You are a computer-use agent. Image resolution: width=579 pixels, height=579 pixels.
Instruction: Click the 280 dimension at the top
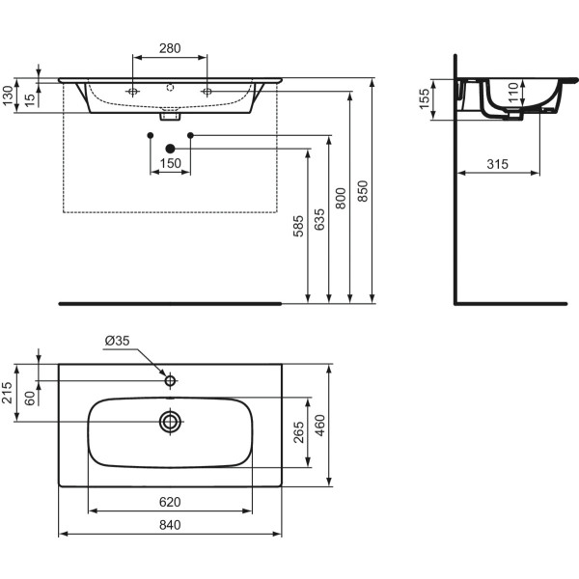click(x=170, y=48)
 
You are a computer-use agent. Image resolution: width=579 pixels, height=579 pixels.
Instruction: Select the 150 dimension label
click(x=171, y=163)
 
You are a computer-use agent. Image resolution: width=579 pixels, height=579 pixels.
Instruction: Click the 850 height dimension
click(x=363, y=193)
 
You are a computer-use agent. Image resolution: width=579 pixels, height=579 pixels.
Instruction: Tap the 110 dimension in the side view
click(x=513, y=92)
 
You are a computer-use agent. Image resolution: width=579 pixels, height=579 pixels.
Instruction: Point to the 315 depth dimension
click(x=496, y=164)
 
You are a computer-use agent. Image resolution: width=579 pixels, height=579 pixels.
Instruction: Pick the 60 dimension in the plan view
click(x=30, y=397)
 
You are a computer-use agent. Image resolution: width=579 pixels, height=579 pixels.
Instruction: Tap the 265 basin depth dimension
click(x=299, y=431)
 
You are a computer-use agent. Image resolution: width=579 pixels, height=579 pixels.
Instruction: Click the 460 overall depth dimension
click(x=320, y=425)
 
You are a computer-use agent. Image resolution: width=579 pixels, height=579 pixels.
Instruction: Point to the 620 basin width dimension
click(x=171, y=501)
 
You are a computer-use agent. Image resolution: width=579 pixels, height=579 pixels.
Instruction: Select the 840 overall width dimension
click(x=171, y=524)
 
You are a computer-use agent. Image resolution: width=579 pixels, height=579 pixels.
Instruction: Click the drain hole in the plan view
click(x=171, y=421)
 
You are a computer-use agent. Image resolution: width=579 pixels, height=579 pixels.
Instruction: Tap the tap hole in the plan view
click(x=171, y=381)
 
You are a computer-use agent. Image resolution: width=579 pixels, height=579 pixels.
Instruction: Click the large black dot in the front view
click(x=171, y=148)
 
